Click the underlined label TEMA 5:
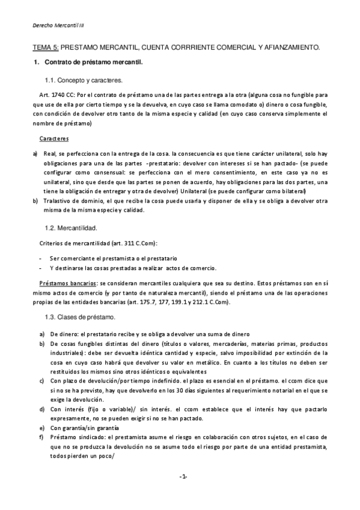pos(46,46)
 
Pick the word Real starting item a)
pos(50,154)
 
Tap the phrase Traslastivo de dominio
pos(73,200)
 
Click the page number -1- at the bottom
pos(183,477)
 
